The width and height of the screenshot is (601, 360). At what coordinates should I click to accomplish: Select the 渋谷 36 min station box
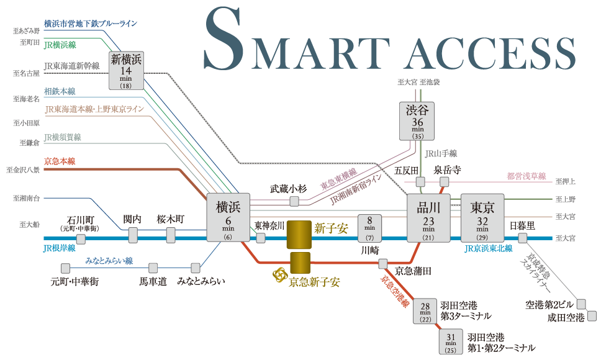pyautogui.click(x=417, y=121)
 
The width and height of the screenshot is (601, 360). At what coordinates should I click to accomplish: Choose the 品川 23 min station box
pyautogui.click(x=428, y=218)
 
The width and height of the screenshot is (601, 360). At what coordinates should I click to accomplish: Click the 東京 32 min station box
pyautogui.click(x=482, y=218)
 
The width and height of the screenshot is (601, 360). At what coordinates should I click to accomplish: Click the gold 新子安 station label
pyautogui.click(x=330, y=229)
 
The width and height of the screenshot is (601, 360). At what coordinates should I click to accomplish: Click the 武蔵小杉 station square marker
pyautogui.click(x=294, y=201)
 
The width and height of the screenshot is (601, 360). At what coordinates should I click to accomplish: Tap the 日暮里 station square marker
pyautogui.click(x=522, y=238)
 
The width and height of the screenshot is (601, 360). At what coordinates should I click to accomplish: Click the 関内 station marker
pyautogui.click(x=133, y=235)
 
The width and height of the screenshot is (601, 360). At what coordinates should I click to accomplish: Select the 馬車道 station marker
pyautogui.click(x=152, y=268)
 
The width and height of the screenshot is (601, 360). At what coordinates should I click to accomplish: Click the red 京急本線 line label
pyautogui.click(x=60, y=161)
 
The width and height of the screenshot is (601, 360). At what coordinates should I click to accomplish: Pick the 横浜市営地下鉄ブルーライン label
pyautogui.click(x=91, y=24)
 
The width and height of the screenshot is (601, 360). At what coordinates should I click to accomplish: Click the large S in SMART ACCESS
pyautogui.click(x=227, y=38)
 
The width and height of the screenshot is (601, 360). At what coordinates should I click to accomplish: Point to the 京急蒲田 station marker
pyautogui.click(x=383, y=264)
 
